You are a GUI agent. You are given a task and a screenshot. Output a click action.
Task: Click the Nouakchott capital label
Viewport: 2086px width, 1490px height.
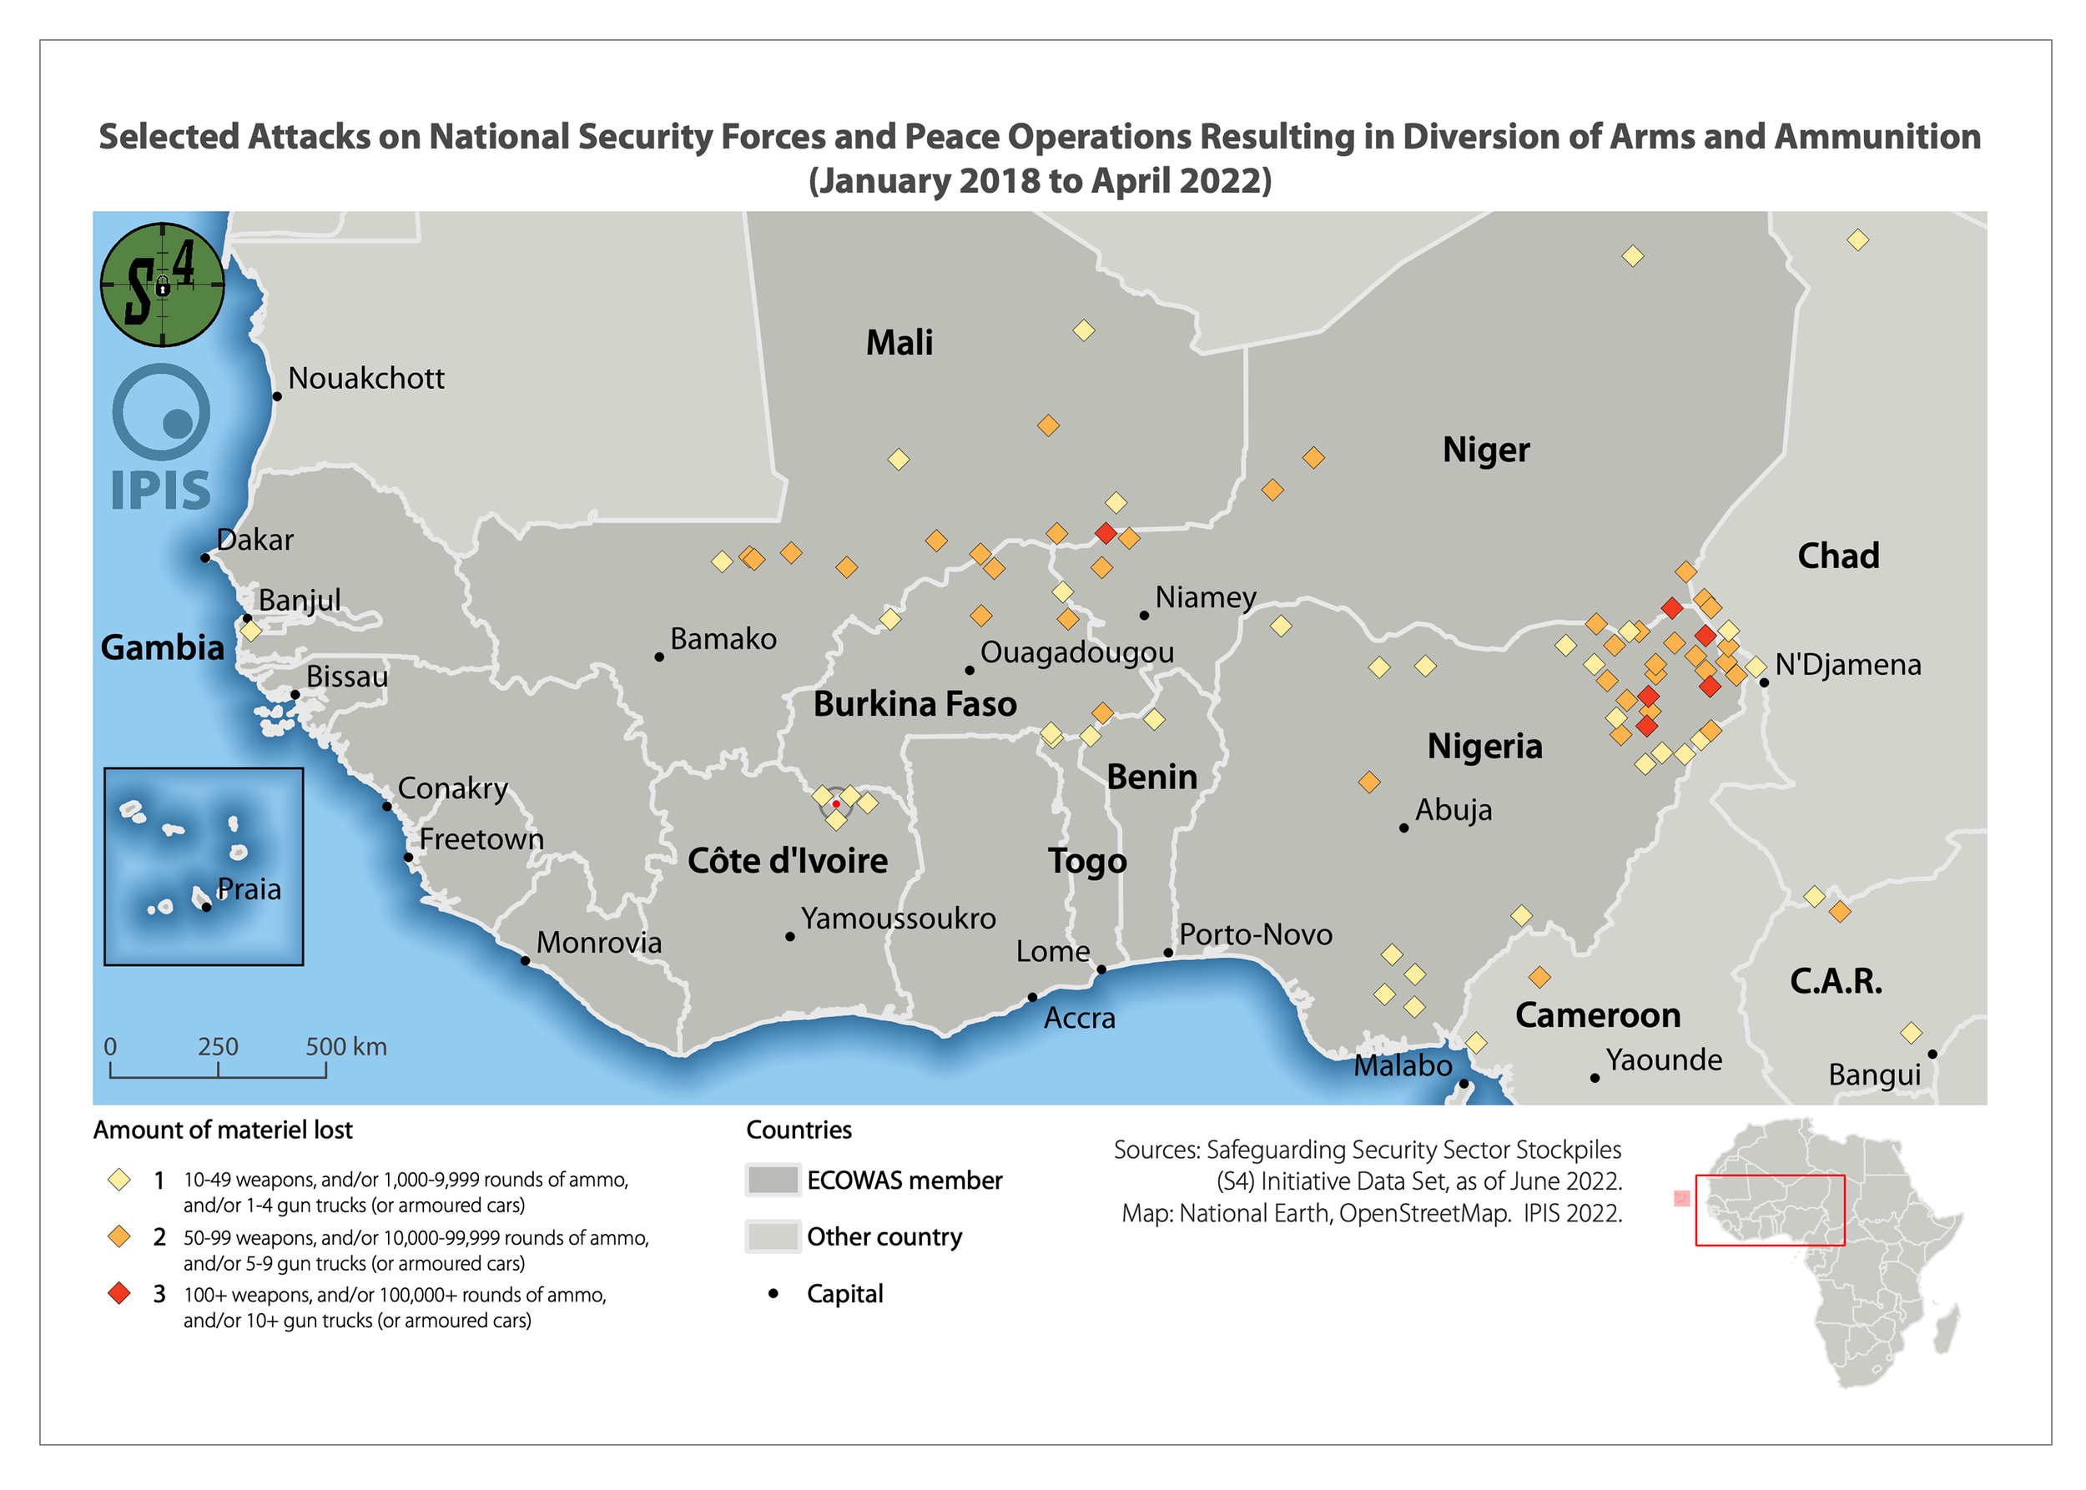point(365,378)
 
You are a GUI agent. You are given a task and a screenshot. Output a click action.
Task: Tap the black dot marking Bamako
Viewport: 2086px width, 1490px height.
point(659,657)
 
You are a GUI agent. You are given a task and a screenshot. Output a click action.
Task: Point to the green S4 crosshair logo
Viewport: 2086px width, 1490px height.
point(163,284)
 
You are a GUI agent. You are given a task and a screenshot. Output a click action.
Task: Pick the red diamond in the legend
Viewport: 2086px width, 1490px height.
point(119,1294)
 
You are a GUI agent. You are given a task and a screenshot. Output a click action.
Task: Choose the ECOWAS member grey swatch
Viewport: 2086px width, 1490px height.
point(772,1180)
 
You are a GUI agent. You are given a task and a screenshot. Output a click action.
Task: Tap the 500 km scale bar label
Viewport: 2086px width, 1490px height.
point(345,1047)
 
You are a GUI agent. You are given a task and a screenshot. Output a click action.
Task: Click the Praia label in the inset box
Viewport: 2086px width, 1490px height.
point(249,889)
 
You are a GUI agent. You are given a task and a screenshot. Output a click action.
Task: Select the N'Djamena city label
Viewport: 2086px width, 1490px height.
point(1847,664)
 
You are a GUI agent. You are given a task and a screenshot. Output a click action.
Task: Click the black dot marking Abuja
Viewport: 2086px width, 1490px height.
point(1403,828)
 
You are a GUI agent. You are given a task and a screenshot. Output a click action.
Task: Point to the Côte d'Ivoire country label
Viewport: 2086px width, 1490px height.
point(788,861)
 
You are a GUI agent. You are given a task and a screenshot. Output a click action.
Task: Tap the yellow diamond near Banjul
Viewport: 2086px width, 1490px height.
point(250,631)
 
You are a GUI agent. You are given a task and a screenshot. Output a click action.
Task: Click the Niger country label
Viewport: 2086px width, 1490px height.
point(1485,450)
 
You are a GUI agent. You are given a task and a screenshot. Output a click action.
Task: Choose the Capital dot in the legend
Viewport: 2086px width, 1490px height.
point(773,1294)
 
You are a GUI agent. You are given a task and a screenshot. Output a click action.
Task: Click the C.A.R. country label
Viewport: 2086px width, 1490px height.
point(1836,981)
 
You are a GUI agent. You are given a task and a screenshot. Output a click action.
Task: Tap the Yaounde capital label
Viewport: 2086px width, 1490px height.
point(1663,1060)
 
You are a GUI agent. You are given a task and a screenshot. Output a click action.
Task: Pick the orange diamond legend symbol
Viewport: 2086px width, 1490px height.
point(119,1236)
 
